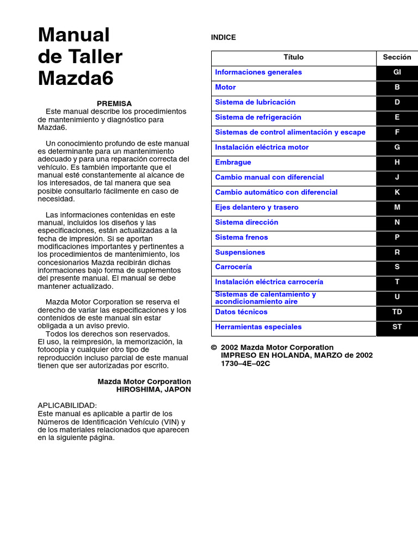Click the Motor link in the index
[x=225, y=88]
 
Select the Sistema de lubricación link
[x=255, y=102]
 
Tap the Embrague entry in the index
[x=233, y=162]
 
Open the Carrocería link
[x=233, y=267]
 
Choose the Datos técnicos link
[x=241, y=312]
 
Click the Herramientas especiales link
[x=258, y=327]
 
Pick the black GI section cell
[x=397, y=72]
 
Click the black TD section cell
[x=397, y=313]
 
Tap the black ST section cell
[x=397, y=327]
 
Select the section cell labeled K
[x=397, y=193]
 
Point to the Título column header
[x=293, y=58]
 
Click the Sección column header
[x=397, y=58]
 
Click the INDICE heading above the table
[x=223, y=38]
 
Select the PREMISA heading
[x=114, y=103]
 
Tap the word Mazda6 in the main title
[x=76, y=78]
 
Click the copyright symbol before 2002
[x=214, y=348]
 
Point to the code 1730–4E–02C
[x=245, y=363]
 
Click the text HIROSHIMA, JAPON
[x=153, y=389]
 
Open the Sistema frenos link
[x=242, y=237]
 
